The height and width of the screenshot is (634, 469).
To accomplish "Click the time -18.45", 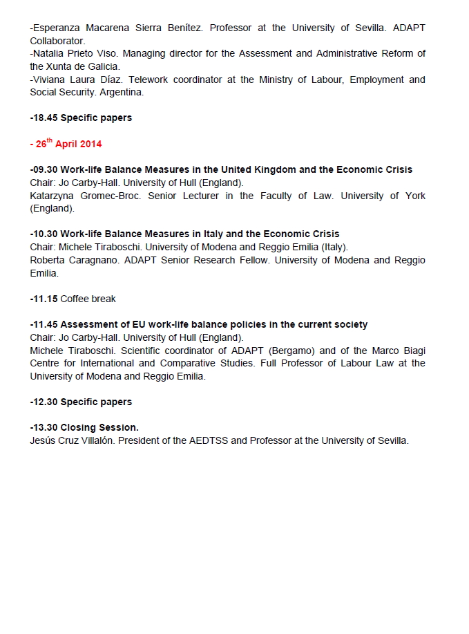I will [x=44, y=118].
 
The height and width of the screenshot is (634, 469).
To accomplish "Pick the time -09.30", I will [x=44, y=169].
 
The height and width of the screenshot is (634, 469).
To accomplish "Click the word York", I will [x=414, y=196].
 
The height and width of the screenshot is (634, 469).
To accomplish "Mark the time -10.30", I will [x=44, y=234].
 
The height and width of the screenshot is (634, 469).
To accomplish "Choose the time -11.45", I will [x=44, y=324].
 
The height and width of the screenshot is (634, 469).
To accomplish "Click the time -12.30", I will [x=44, y=402].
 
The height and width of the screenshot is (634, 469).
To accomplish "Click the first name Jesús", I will [x=44, y=440].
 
